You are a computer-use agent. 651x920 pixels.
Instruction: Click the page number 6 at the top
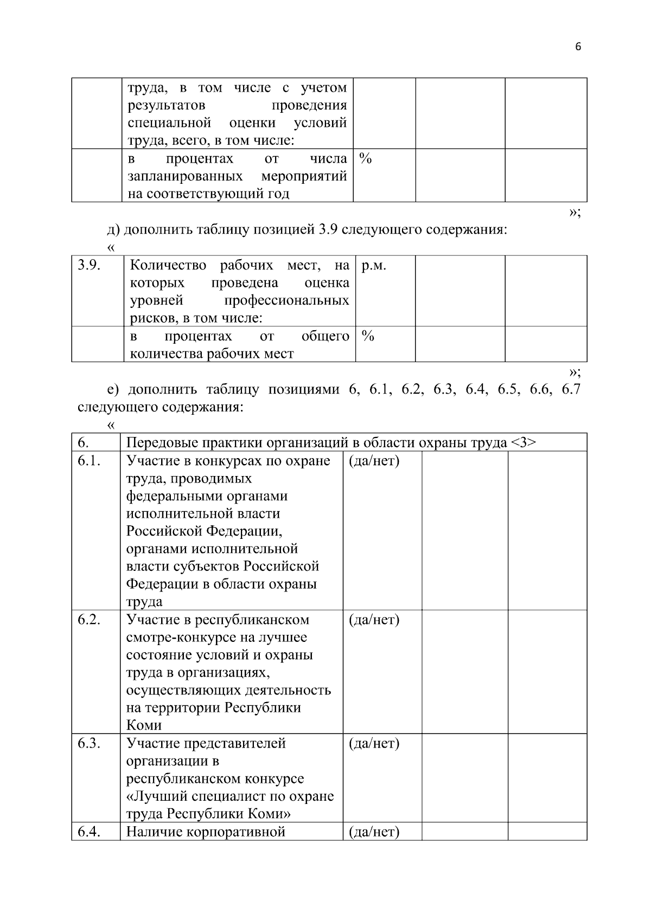(578, 47)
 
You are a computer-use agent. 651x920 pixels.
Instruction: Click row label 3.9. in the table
(88, 265)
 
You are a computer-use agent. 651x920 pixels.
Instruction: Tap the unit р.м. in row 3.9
(373, 266)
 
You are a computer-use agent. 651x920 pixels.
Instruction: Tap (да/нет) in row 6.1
(374, 461)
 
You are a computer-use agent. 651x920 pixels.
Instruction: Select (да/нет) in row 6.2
(374, 620)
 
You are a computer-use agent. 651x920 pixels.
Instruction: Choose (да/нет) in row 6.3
(374, 743)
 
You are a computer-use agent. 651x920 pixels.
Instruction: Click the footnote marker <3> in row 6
(524, 442)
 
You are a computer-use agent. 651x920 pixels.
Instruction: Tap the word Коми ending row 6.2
(144, 725)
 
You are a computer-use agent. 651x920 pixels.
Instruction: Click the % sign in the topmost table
(365, 159)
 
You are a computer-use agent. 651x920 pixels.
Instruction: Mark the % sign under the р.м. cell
(368, 337)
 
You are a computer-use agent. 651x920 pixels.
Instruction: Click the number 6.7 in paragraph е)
(571, 389)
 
